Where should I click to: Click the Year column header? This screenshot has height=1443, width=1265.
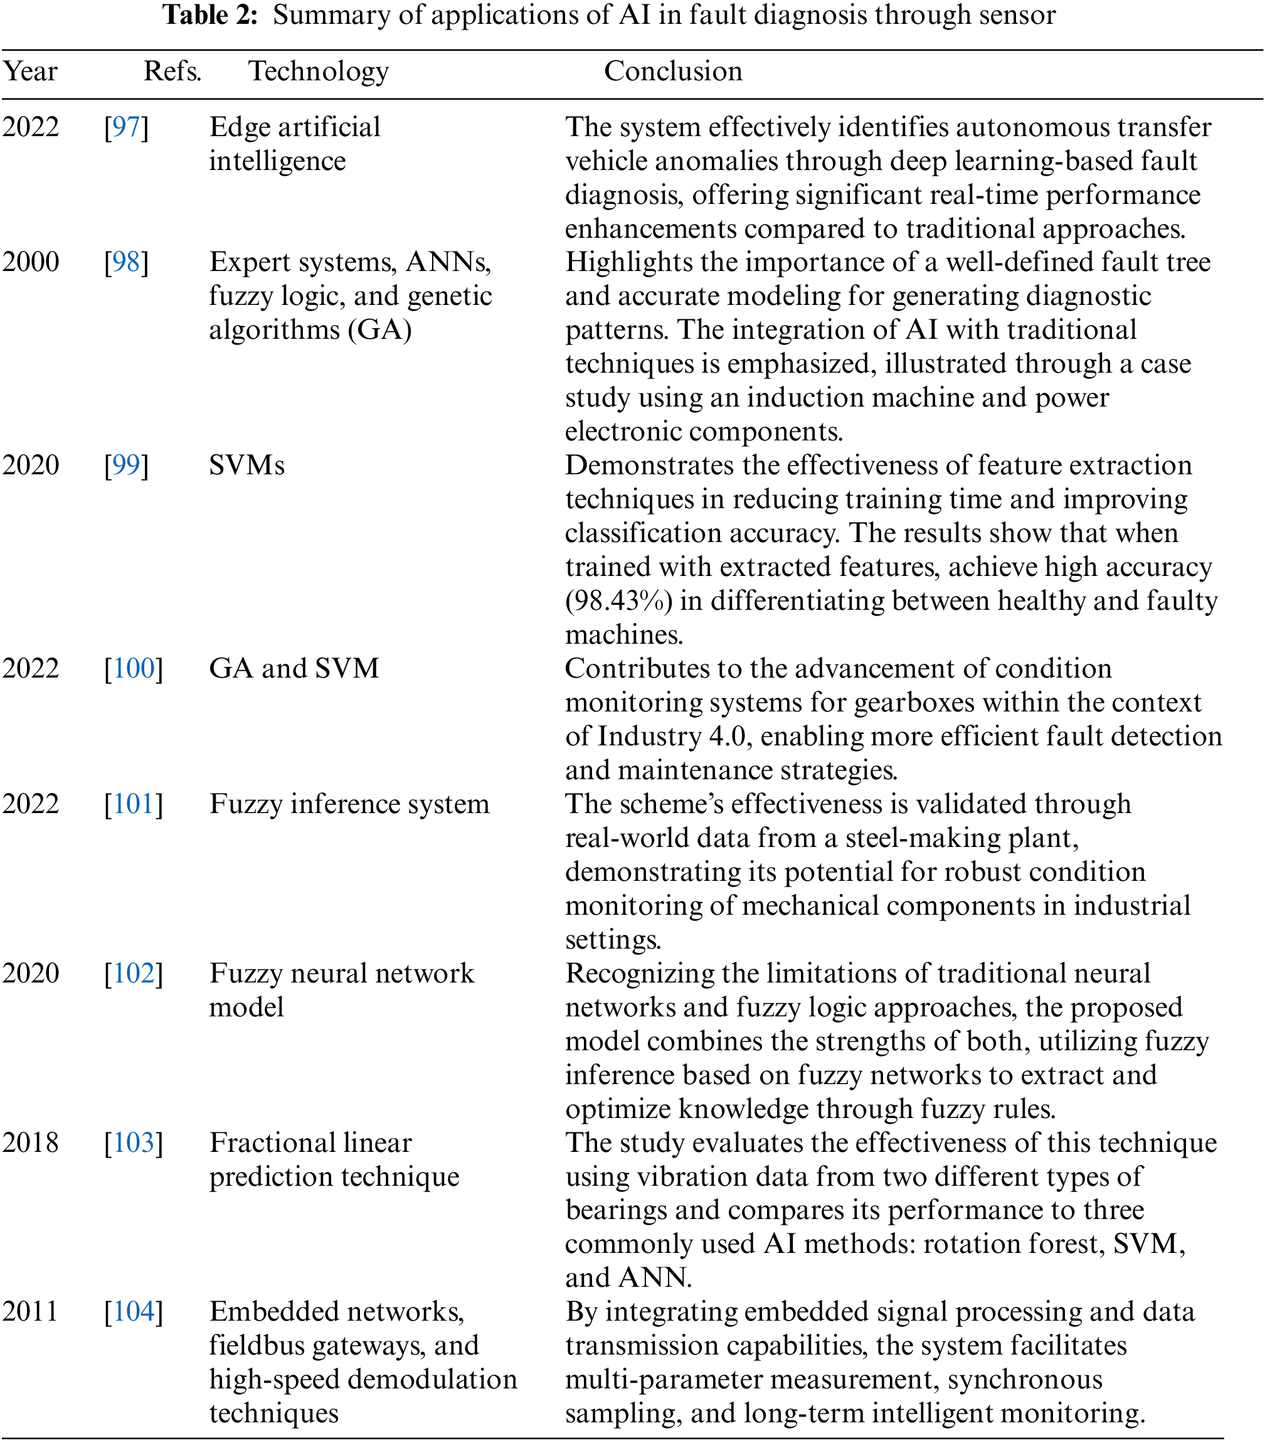(29, 72)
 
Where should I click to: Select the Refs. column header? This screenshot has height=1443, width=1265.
(172, 72)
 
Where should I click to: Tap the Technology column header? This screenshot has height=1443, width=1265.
(319, 72)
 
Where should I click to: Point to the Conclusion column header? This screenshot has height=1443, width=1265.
(673, 72)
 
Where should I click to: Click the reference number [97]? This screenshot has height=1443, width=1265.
(126, 127)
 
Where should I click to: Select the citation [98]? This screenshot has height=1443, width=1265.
(126, 262)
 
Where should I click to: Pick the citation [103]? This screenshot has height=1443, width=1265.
(134, 1142)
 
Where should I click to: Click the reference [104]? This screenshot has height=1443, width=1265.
(134, 1312)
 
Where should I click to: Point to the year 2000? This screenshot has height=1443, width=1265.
(30, 262)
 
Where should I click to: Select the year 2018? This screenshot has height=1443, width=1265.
(30, 1142)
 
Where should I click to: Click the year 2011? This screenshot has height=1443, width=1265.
(30, 1312)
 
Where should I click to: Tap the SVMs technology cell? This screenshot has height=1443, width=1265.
(246, 466)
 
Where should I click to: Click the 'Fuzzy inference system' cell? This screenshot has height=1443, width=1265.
(349, 804)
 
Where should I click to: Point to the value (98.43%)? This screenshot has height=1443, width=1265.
(618, 601)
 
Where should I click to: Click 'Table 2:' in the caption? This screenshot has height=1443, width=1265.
(210, 15)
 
